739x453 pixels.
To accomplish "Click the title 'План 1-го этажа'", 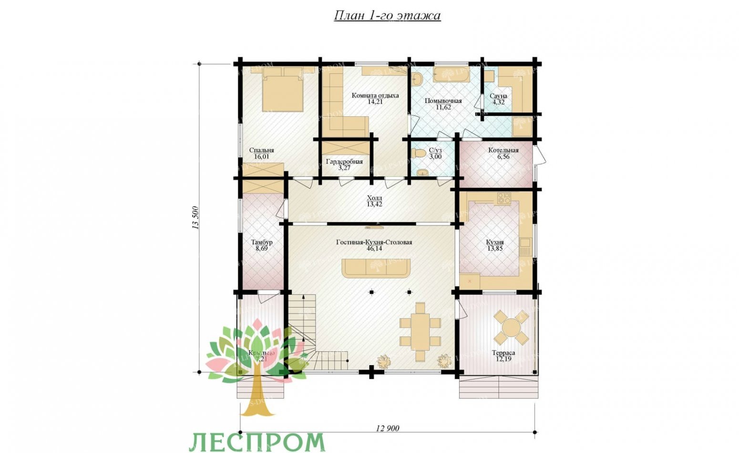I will tap(387, 16).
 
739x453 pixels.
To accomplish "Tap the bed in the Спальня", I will tap(282, 90).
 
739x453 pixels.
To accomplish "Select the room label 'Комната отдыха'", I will tap(375, 95).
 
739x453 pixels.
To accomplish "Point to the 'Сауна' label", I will tap(498, 96).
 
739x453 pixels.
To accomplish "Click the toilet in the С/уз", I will tap(419, 153).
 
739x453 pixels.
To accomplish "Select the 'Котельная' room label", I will tap(503, 150).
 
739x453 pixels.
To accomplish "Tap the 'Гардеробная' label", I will tap(344, 162).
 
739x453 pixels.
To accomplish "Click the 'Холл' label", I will tap(374, 198).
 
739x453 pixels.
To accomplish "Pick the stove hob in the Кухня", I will tap(504, 198).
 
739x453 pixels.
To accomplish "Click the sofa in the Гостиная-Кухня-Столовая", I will tap(376, 268).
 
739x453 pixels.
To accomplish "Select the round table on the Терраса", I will tap(511, 328).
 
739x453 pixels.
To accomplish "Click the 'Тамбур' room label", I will tap(261, 242).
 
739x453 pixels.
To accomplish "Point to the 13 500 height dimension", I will tap(195, 218).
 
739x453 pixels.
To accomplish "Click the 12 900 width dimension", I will tap(387, 428).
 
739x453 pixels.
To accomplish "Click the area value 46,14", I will tap(374, 248).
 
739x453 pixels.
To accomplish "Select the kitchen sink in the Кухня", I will tap(525, 248).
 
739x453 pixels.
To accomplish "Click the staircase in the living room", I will tap(302, 329).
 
